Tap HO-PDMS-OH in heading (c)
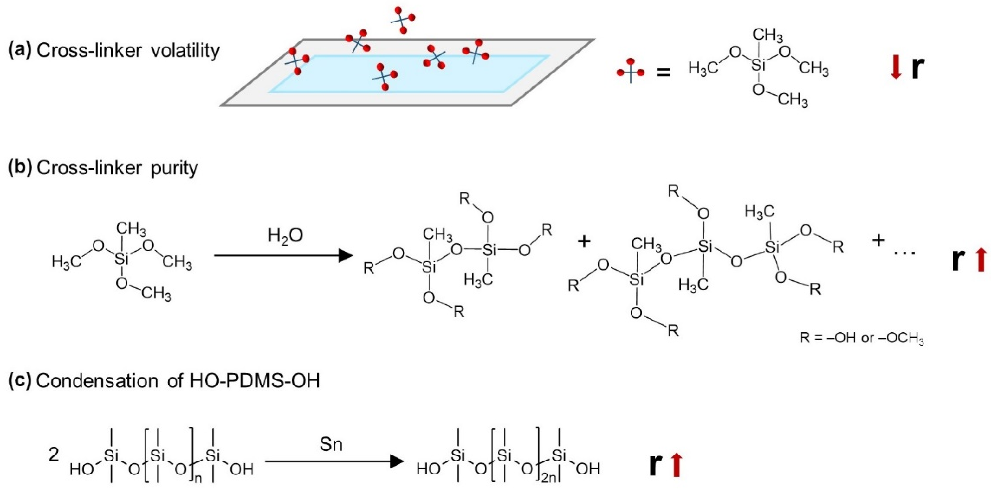click(255, 381)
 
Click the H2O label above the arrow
click(285, 236)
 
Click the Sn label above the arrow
click(331, 445)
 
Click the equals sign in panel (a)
click(663, 72)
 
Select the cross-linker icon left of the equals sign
click(630, 72)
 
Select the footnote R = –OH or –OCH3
click(861, 338)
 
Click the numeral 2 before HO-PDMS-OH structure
click(54, 455)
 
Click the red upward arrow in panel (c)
click(676, 465)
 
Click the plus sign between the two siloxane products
click(584, 242)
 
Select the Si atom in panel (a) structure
click(758, 66)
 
